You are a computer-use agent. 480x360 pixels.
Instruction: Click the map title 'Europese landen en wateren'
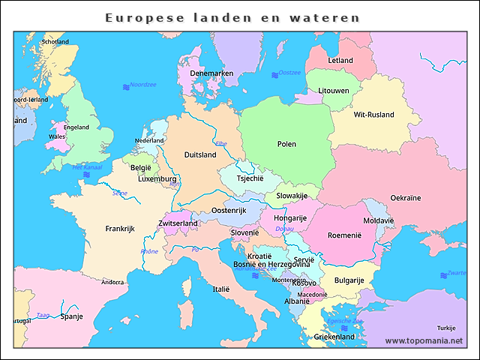[232, 17]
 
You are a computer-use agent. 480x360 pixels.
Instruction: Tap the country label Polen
[286, 144]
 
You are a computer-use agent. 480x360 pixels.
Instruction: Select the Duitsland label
[200, 155]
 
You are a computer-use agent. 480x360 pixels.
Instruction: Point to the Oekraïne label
[406, 198]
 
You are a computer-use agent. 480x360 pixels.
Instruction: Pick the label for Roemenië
[345, 235]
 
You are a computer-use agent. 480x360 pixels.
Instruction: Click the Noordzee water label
[142, 85]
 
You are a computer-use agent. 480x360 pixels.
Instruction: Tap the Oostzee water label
[289, 73]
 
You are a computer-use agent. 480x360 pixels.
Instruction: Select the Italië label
[221, 289]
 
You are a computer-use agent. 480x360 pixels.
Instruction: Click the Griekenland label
[334, 337]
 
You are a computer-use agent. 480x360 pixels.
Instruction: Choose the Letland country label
[340, 60]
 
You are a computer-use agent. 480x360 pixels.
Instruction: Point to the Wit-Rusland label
[373, 115]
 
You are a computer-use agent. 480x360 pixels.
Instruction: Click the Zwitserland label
[178, 223]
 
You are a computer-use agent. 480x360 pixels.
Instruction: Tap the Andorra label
[112, 283]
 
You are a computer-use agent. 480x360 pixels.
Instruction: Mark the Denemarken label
[211, 73]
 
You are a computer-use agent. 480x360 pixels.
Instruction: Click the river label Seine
[120, 193]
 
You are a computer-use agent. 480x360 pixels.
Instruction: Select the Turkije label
[446, 328]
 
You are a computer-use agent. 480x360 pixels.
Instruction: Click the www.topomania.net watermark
[424, 340]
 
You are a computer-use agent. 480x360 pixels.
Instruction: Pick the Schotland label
[55, 42]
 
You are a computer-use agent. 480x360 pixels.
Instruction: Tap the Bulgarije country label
[349, 280]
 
